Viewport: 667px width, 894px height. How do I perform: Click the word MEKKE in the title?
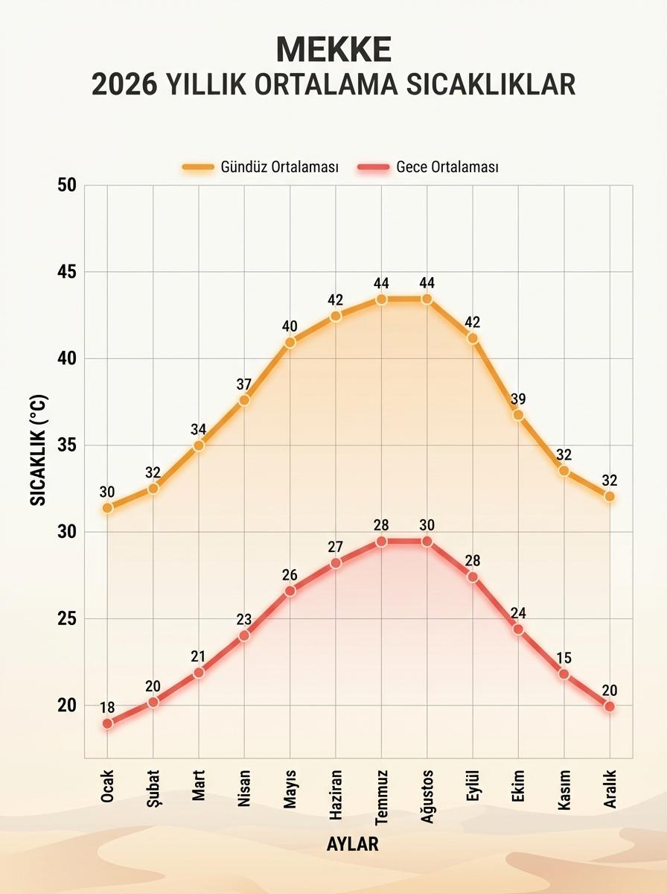click(x=333, y=48)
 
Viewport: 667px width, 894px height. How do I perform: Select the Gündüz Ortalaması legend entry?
click(x=261, y=167)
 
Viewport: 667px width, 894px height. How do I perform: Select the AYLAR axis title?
click(x=352, y=844)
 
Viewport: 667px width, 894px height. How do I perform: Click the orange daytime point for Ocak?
click(x=107, y=507)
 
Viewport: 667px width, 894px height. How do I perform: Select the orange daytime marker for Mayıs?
click(x=290, y=342)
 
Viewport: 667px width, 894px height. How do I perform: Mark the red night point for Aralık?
click(x=609, y=706)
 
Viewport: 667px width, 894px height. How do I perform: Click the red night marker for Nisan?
click(x=244, y=635)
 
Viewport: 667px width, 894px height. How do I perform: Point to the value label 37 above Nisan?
click(x=244, y=384)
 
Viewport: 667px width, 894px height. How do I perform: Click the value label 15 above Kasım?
click(x=564, y=658)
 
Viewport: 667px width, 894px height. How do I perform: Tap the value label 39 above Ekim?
click(x=518, y=399)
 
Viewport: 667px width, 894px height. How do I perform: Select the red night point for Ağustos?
click(x=427, y=541)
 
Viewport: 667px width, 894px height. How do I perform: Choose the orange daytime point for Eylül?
click(x=472, y=338)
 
